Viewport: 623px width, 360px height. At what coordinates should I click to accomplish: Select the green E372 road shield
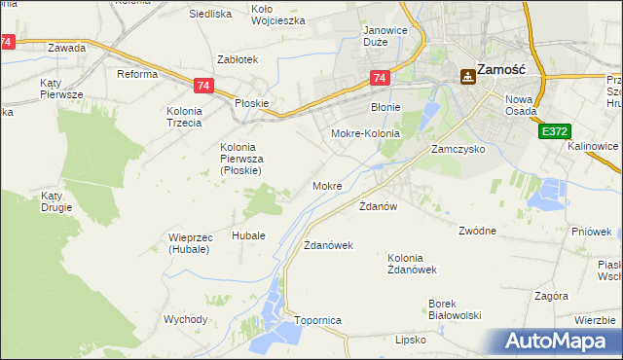tap(553, 129)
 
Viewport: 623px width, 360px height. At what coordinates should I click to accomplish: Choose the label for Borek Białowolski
tap(456, 308)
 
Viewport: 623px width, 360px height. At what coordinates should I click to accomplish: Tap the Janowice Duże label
tap(384, 36)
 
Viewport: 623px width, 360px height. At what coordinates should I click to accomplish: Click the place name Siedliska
tap(210, 14)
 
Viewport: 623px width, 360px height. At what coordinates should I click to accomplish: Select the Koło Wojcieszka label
tap(277, 14)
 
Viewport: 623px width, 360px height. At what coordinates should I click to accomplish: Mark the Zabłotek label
tap(238, 59)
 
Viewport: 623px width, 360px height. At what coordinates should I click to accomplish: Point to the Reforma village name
tap(137, 74)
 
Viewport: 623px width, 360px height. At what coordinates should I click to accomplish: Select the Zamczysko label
tap(458, 151)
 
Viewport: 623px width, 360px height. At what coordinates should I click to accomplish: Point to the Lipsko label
tap(411, 341)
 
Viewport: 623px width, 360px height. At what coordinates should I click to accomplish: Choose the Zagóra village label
tap(551, 295)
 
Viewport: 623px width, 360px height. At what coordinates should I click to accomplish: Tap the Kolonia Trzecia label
tap(185, 117)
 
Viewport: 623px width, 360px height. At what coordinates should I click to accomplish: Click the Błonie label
tap(386, 107)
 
